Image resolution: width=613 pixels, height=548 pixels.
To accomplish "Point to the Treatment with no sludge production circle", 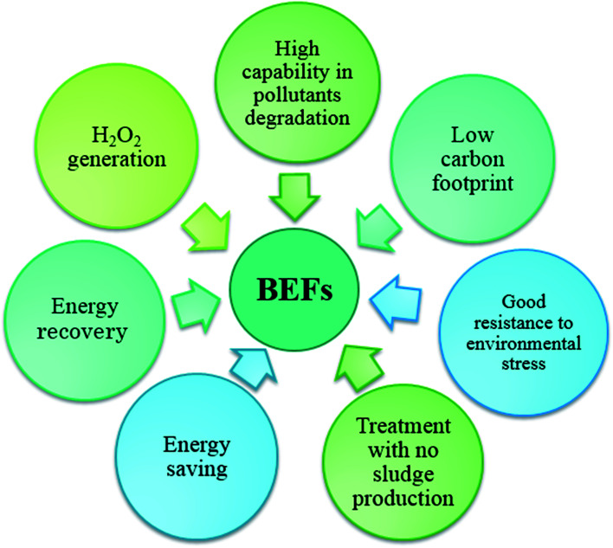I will point(404,463).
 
